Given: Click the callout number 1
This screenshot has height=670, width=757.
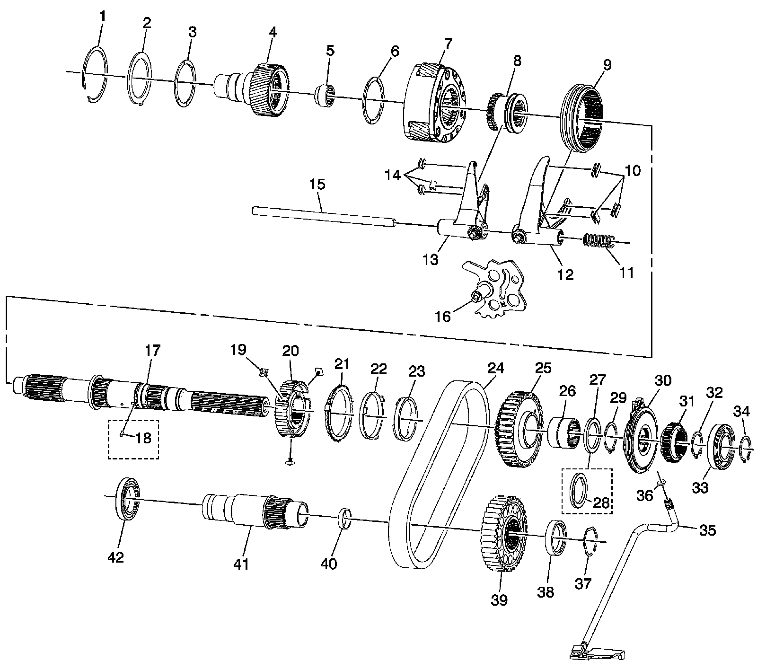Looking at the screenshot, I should [103, 17].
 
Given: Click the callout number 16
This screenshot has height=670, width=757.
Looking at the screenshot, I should [443, 316].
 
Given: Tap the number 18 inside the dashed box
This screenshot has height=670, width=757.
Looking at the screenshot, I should [143, 438].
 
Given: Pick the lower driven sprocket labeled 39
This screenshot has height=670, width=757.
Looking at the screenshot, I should [504, 533].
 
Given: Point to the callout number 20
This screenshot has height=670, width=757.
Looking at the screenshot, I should [290, 351].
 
